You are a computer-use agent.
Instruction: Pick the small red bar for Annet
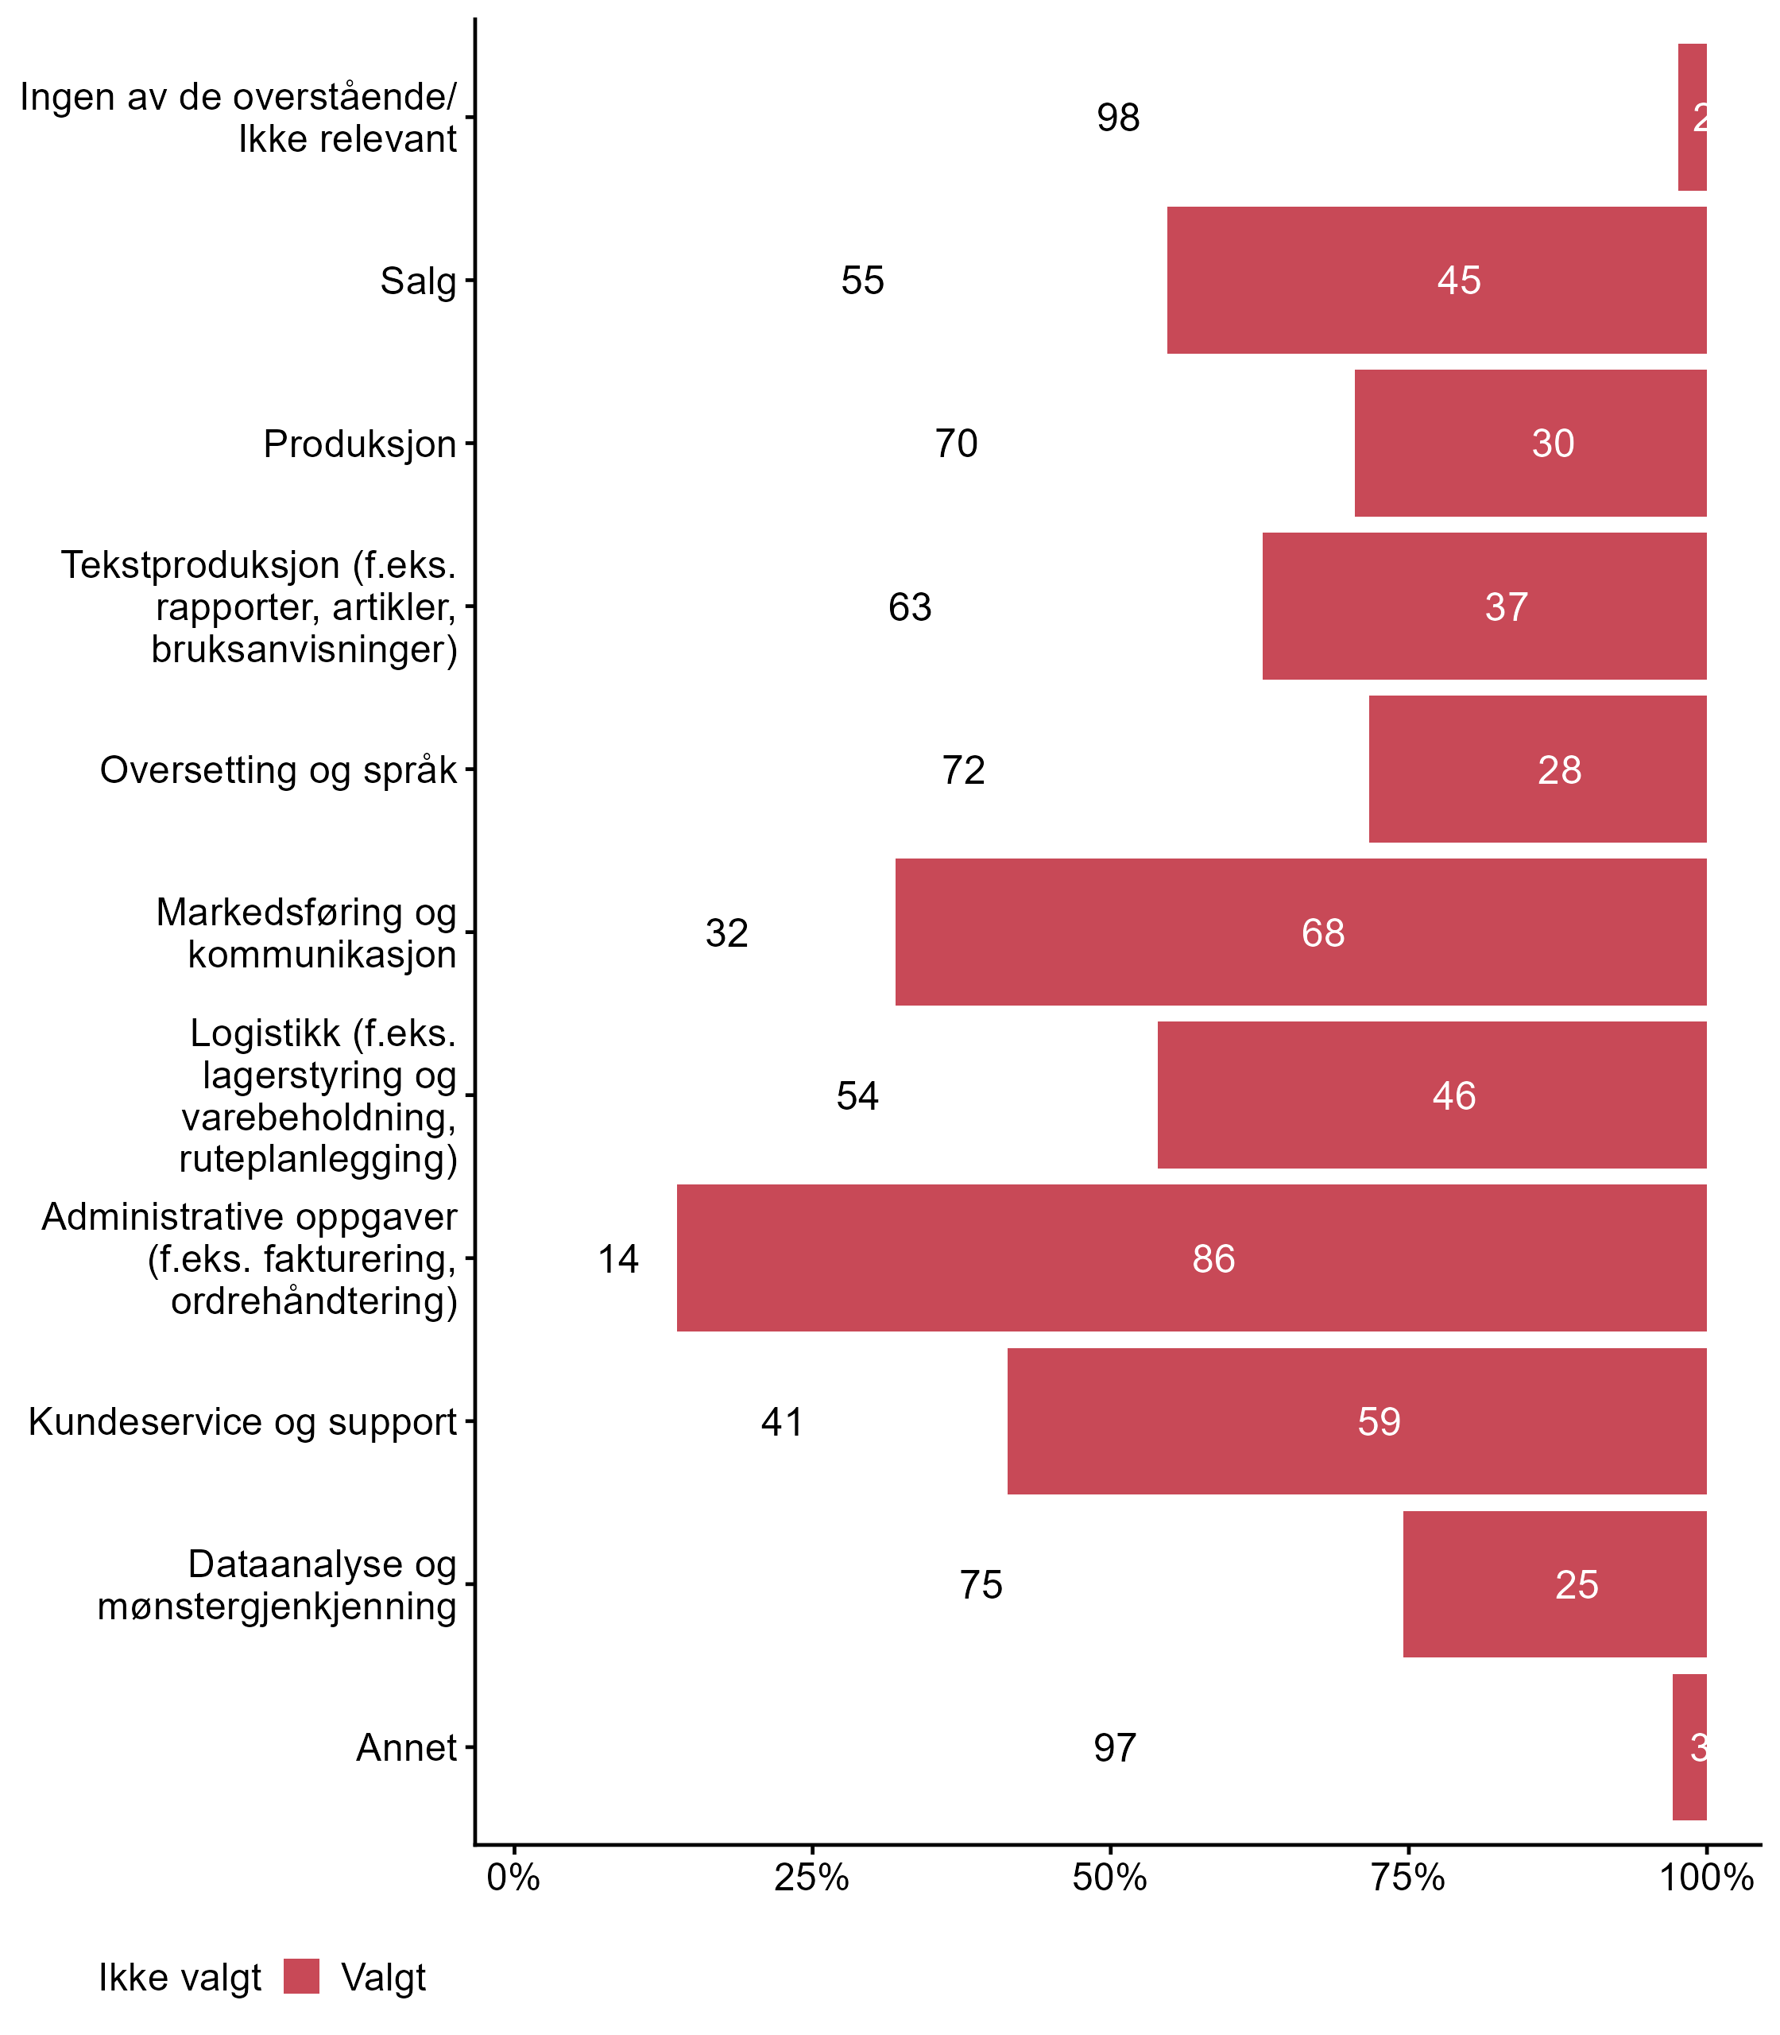point(1689,1747)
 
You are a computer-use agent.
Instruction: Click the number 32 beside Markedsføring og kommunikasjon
point(726,933)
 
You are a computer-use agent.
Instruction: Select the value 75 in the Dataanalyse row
point(981,1583)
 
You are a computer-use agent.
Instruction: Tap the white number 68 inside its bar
point(1322,933)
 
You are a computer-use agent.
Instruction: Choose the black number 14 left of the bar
point(618,1259)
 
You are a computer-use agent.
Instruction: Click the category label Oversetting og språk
point(278,770)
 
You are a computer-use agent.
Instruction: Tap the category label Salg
point(418,281)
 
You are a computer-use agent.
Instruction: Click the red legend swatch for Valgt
point(301,1976)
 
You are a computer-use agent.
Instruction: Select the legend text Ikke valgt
point(179,1978)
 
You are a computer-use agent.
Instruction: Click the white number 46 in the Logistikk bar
point(1453,1096)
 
